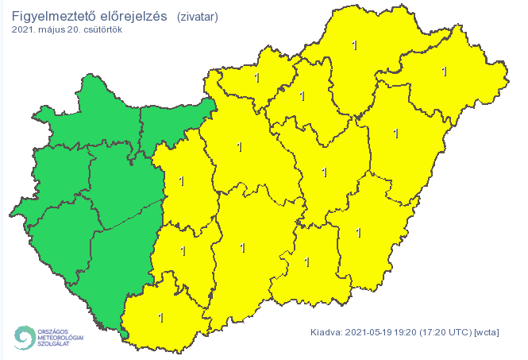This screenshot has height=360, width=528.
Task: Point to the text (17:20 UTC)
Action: (x=450, y=332)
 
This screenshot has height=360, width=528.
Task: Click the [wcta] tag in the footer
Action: (x=486, y=332)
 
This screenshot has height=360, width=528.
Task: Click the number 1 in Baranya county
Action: (x=161, y=318)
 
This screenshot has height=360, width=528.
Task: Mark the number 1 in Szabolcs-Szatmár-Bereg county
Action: (x=443, y=72)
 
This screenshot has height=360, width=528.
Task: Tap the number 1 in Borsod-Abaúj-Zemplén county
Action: (x=353, y=45)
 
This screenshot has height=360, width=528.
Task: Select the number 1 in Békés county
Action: (x=359, y=233)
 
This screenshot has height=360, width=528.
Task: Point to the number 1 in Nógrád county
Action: (x=256, y=78)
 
